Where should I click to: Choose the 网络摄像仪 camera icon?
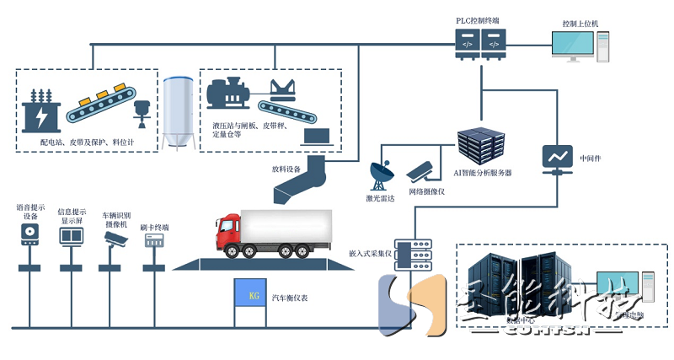point(421,171)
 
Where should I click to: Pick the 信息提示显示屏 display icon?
point(71,234)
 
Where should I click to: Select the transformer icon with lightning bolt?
point(40,110)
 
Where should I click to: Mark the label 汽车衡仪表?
point(289,298)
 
